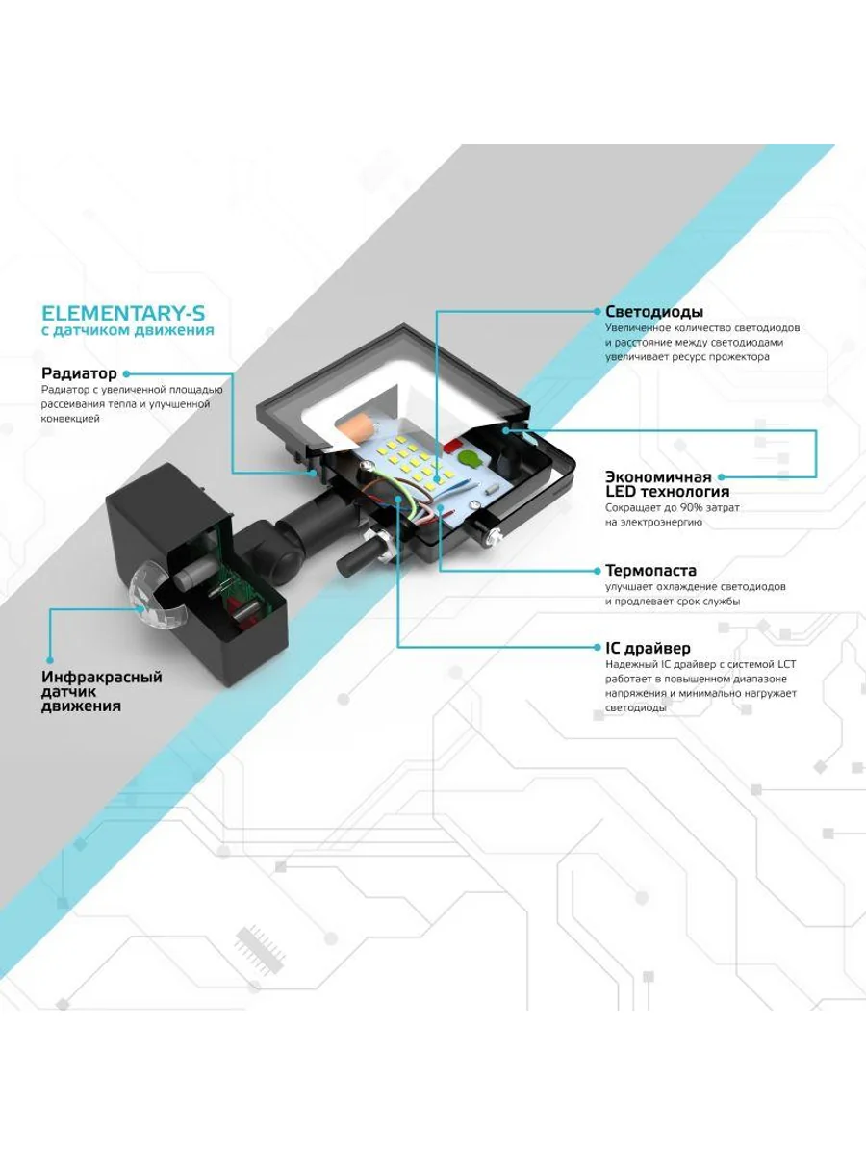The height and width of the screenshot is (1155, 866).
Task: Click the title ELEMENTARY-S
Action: point(123,313)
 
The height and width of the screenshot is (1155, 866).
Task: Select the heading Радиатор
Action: point(79,373)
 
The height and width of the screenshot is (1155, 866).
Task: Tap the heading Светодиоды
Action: point(654,312)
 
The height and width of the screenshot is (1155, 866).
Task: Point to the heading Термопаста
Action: point(650,571)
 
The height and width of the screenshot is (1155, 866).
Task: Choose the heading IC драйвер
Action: point(648,648)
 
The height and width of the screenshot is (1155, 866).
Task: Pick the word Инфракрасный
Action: point(102,677)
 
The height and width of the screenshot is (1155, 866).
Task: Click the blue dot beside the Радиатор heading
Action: point(126,373)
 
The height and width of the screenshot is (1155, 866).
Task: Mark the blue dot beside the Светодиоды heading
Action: point(597,312)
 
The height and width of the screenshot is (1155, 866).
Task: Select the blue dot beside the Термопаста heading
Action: point(597,571)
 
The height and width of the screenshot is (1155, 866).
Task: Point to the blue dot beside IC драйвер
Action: point(597,648)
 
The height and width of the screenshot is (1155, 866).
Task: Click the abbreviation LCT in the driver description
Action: point(784,664)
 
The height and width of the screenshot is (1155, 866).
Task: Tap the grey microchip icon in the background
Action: point(260,949)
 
